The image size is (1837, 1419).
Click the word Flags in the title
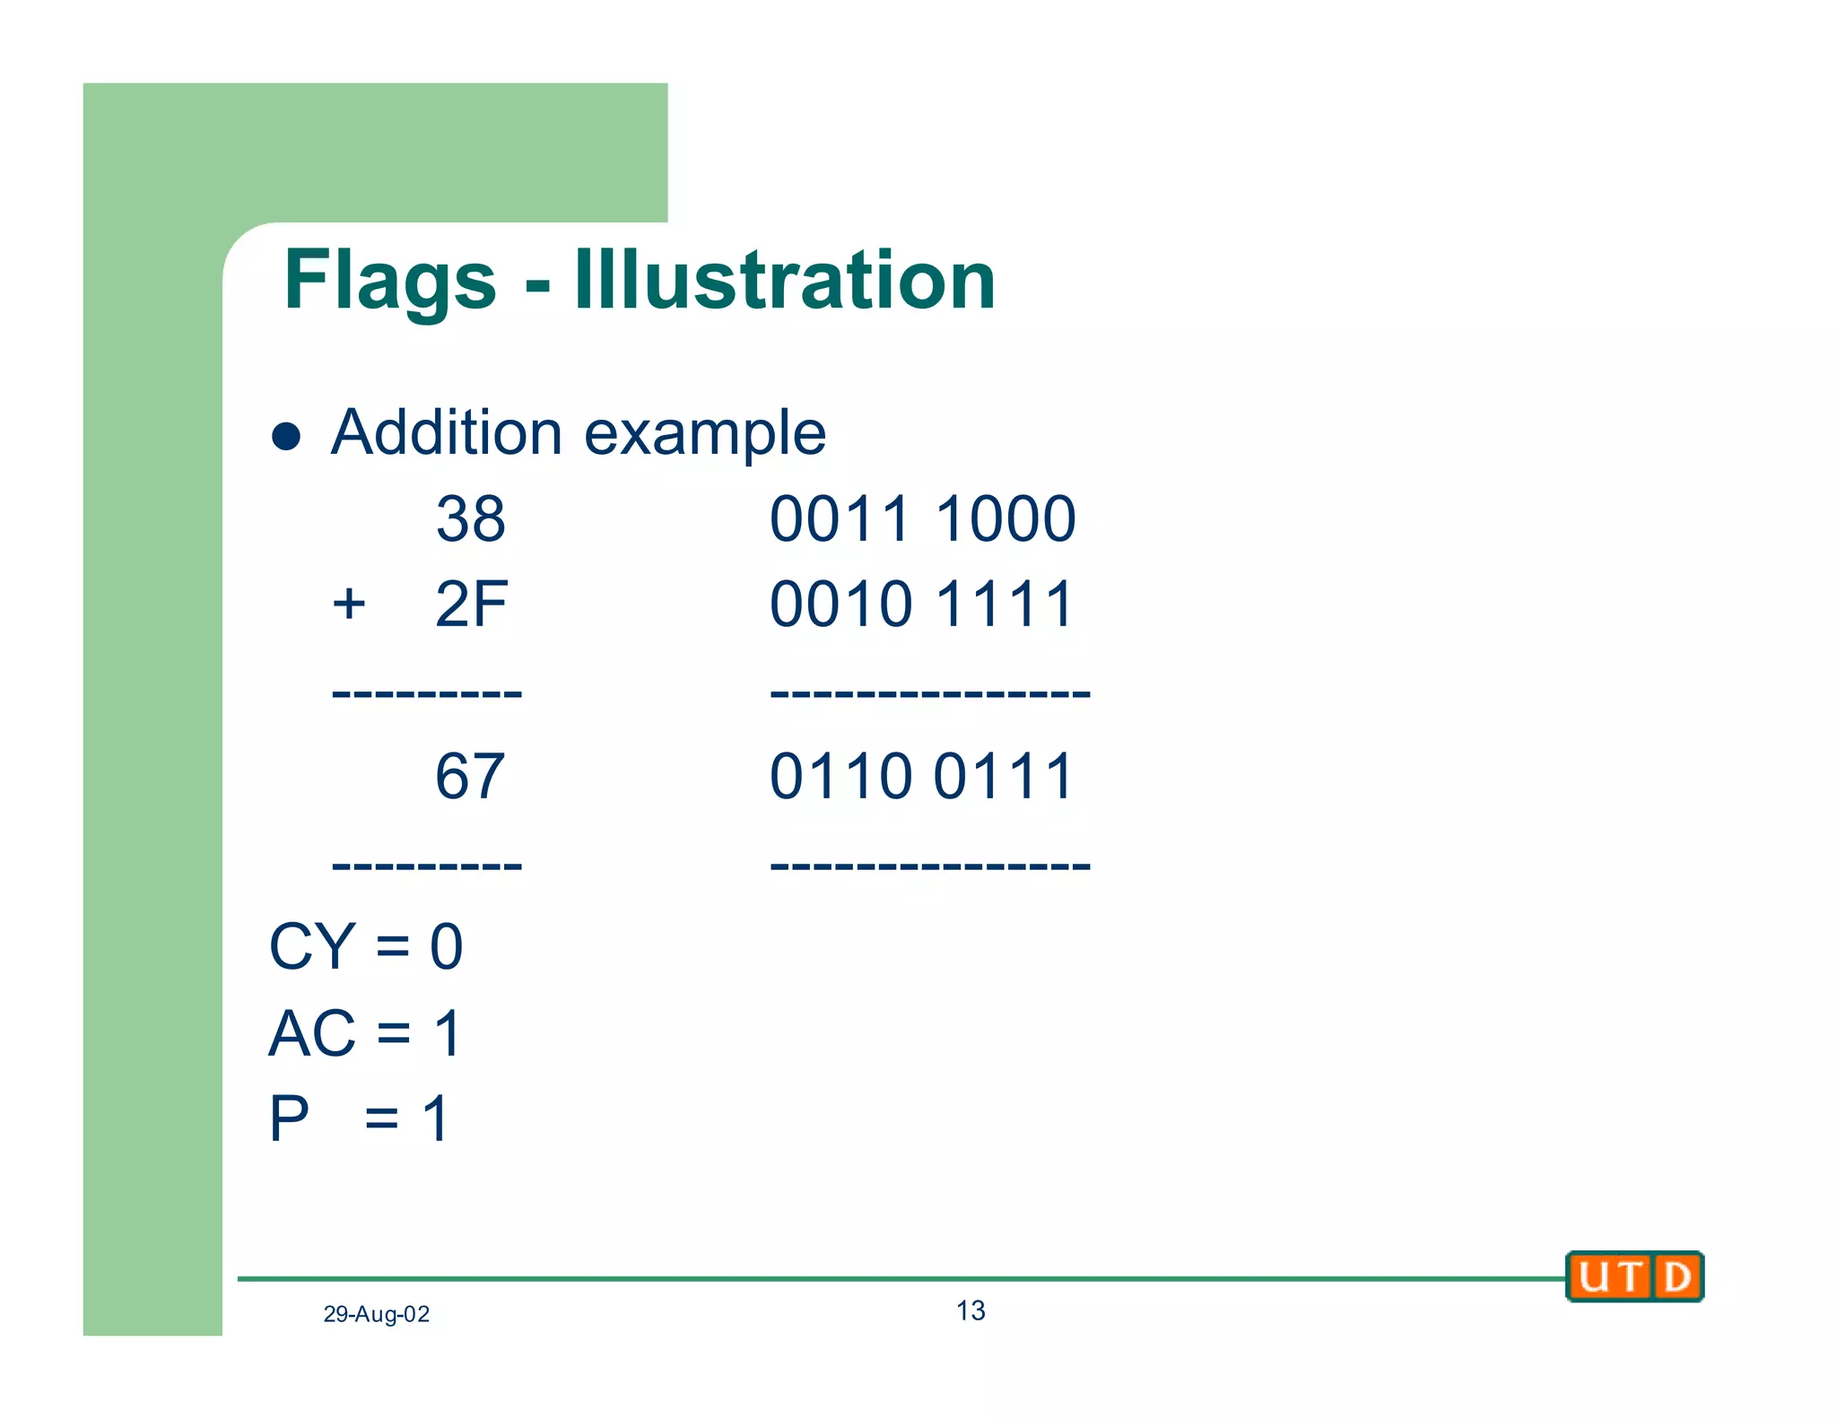(x=389, y=281)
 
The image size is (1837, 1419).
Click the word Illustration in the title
(x=785, y=281)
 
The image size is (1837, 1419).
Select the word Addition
(x=447, y=432)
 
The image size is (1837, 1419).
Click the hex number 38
(x=470, y=518)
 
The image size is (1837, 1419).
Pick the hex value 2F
(x=471, y=604)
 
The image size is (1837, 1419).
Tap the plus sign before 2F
(x=348, y=604)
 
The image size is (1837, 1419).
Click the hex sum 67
(x=470, y=776)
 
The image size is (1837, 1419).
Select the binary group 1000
(x=1005, y=518)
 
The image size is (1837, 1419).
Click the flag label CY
(x=312, y=946)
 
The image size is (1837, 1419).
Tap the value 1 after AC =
(x=448, y=1033)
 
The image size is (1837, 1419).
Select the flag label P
(x=289, y=1119)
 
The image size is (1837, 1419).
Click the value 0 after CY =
(x=447, y=946)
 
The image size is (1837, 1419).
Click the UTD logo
(x=1634, y=1276)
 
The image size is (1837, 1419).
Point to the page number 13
(x=971, y=1310)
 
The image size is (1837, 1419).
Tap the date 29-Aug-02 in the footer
(x=376, y=1314)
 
